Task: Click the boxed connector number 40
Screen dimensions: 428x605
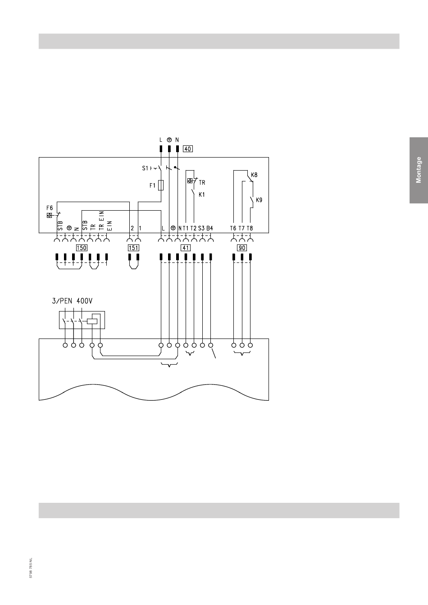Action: coord(187,149)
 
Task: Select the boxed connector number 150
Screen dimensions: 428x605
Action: coord(82,248)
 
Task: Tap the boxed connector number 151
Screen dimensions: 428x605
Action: coord(133,248)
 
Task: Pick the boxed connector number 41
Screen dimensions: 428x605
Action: coord(186,248)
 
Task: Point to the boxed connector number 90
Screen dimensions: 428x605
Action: coord(242,248)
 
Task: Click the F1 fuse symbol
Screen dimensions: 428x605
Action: coord(161,185)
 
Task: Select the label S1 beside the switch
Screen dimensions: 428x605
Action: coord(145,168)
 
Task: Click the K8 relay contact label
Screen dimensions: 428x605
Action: coord(254,175)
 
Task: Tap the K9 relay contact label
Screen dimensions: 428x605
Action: coord(259,200)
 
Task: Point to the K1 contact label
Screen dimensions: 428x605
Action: coord(202,194)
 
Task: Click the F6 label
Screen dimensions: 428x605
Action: coord(50,208)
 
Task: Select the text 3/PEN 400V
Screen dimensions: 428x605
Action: coord(72,301)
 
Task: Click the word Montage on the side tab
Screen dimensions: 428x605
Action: coord(419,170)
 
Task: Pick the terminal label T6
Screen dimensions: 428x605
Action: coord(233,228)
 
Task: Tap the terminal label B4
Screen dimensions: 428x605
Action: coord(209,228)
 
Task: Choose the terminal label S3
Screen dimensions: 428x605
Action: coord(201,228)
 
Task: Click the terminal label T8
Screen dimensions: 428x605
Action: coord(250,228)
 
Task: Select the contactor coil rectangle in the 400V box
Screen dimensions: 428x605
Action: coord(92,321)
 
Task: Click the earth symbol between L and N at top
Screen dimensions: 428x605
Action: coord(169,140)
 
